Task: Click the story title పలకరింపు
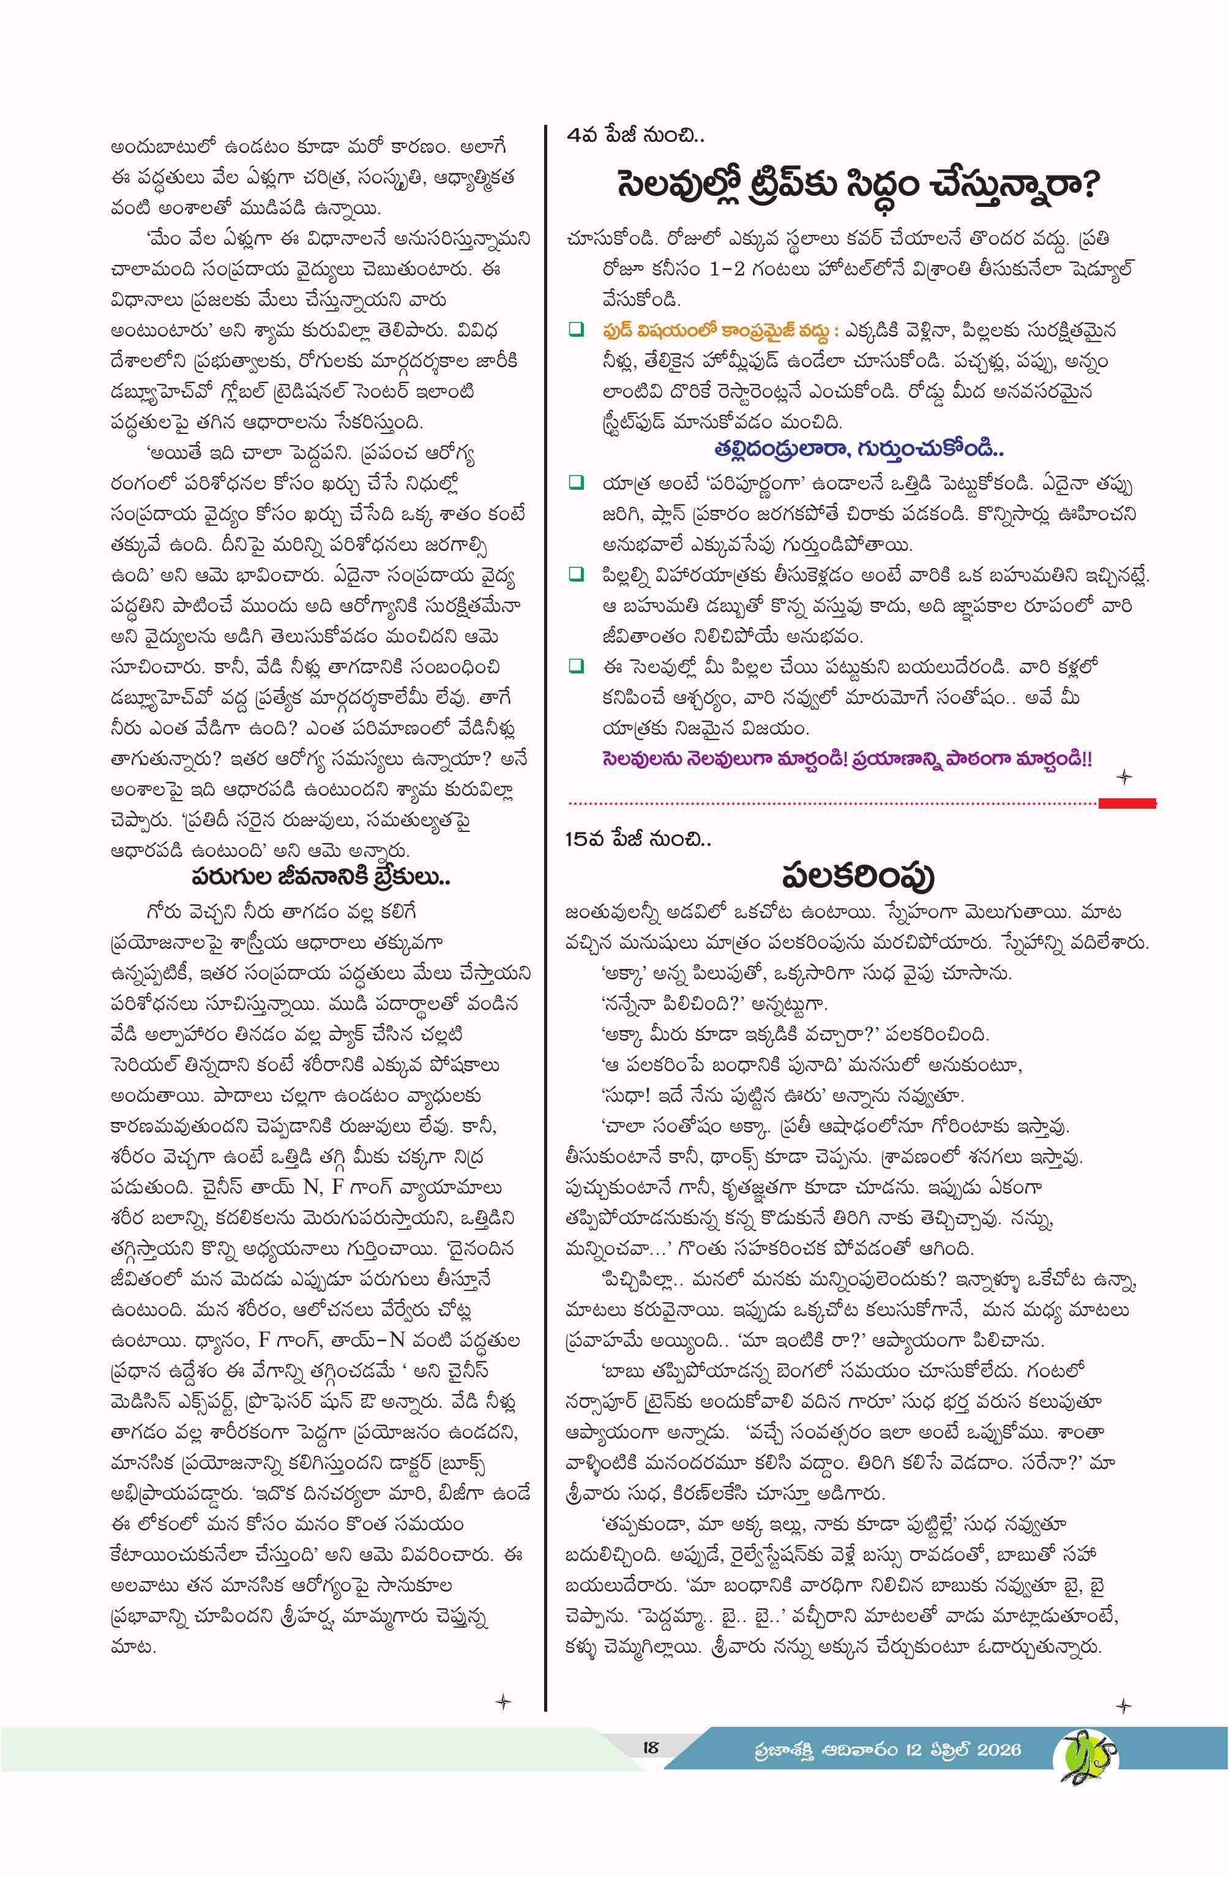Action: (857, 876)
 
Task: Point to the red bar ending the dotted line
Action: (1127, 803)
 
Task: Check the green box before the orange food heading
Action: (577, 329)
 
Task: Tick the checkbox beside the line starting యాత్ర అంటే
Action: (577, 482)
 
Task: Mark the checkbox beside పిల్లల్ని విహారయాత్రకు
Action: (577, 574)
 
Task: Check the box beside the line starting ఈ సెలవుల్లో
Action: (577, 666)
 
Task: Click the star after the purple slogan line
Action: (1124, 777)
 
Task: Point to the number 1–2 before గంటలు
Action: (727, 269)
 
